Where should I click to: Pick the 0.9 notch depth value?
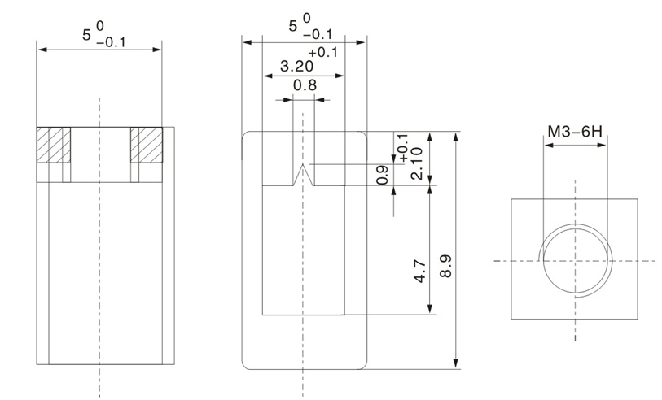tap(383, 175)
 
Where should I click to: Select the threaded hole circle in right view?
tap(574, 260)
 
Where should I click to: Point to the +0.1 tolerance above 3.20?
tap(323, 52)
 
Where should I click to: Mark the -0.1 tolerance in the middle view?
tap(318, 34)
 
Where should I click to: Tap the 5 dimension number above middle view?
tap(292, 27)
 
